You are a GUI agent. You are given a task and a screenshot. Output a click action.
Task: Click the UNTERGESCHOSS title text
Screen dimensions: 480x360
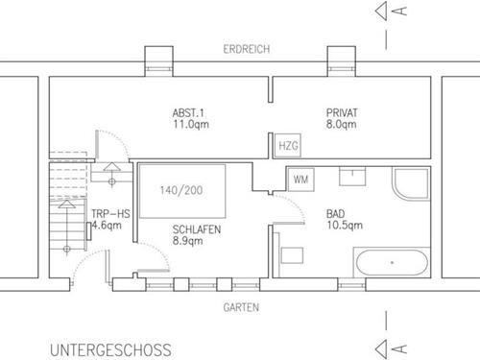pyautogui.click(x=110, y=350)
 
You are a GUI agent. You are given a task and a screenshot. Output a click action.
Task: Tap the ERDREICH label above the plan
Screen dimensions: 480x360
pyautogui.click(x=247, y=49)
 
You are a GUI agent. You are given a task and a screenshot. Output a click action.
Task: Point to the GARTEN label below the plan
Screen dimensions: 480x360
pyautogui.click(x=241, y=307)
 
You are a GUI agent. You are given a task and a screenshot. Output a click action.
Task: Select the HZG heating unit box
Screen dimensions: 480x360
pyautogui.click(x=288, y=146)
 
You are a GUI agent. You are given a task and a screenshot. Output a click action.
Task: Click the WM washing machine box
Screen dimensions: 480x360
pyautogui.click(x=300, y=180)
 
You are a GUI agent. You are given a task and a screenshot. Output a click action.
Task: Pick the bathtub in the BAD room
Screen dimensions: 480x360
pyautogui.click(x=392, y=263)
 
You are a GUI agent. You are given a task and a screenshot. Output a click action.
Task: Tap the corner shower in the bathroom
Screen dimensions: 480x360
pyautogui.click(x=411, y=184)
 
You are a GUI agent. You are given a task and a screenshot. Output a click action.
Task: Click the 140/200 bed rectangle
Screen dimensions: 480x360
pyautogui.click(x=182, y=191)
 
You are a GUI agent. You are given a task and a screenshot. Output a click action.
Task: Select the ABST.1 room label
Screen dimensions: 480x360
pyautogui.click(x=188, y=113)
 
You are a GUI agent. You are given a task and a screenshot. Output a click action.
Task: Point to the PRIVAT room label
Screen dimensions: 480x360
pyautogui.click(x=342, y=113)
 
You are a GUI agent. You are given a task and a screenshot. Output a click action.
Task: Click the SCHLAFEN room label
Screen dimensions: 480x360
pyautogui.click(x=197, y=229)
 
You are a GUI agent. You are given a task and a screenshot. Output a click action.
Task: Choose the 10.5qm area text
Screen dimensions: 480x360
pyautogui.click(x=345, y=225)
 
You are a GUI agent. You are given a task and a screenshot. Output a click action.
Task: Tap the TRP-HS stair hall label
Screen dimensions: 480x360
pyautogui.click(x=110, y=214)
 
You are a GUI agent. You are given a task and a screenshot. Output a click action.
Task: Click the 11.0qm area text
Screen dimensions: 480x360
pyautogui.click(x=191, y=124)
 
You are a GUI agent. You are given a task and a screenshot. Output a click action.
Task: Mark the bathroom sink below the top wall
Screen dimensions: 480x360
pyautogui.click(x=352, y=176)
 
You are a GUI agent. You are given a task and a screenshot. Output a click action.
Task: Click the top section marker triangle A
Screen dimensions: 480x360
pyautogui.click(x=381, y=12)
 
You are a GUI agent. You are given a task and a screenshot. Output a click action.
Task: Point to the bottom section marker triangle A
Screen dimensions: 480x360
pyautogui.click(x=381, y=348)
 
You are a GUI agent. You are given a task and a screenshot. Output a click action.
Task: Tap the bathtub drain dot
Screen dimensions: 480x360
pyautogui.click(x=392, y=263)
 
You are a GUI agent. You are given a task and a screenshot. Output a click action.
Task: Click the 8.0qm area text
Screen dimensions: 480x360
pyautogui.click(x=342, y=124)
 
